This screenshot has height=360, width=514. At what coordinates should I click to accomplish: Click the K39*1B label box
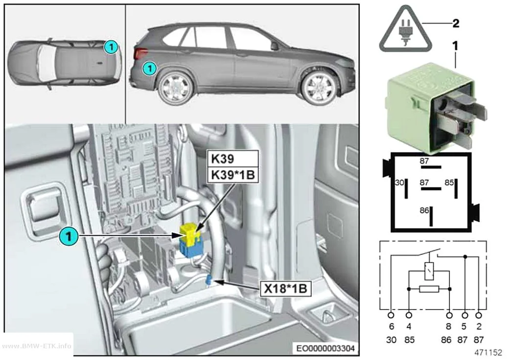coord(233,175)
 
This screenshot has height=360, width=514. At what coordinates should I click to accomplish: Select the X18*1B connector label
coord(285,288)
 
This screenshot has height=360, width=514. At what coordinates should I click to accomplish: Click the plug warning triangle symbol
coord(405,30)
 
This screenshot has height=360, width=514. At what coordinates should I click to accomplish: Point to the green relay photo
coord(436,108)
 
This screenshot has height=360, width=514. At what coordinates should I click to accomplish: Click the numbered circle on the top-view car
coord(111,47)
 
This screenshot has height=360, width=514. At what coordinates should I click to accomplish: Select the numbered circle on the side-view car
coord(150,68)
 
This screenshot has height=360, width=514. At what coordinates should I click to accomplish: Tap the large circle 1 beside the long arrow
coord(69,236)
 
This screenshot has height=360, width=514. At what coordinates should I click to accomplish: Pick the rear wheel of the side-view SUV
coord(175,88)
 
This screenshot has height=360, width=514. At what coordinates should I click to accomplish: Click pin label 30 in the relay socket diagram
coord(399,183)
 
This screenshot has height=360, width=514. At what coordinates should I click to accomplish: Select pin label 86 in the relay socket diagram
coord(424,210)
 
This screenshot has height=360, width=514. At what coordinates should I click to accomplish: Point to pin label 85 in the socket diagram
coord(449,183)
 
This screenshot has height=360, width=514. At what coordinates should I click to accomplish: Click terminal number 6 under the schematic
coord(392,327)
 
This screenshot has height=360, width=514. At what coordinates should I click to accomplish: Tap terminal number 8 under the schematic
coord(449,327)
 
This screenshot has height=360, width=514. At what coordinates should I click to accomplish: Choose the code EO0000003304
coord(326,348)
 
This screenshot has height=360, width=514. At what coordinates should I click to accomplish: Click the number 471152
coord(488,353)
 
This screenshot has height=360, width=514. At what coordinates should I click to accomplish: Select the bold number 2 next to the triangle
coord(456,24)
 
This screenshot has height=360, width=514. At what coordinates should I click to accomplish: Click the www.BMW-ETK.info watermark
coord(37,346)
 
